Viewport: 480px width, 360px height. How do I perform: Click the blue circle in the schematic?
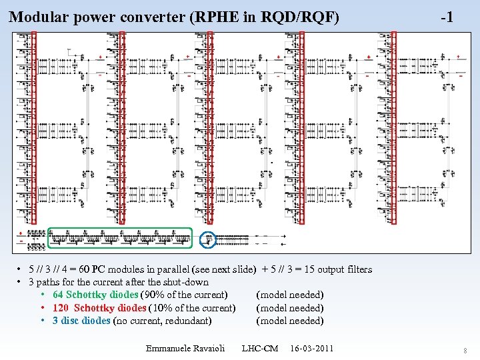pyautogui.click(x=209, y=238)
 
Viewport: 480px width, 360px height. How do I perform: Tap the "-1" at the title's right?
pyautogui.click(x=447, y=17)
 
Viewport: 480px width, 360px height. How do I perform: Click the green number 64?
pyautogui.click(x=58, y=295)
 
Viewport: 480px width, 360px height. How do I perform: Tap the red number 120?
pyautogui.click(x=61, y=307)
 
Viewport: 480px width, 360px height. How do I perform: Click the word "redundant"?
pyautogui.click(x=188, y=321)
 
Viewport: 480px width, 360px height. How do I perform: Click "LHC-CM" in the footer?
pyautogui.click(x=260, y=349)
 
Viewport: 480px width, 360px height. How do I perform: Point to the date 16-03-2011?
pyautogui.click(x=312, y=349)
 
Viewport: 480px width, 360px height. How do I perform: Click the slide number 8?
pyautogui.click(x=465, y=351)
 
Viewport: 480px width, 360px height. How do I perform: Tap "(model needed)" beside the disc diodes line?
pyautogui.click(x=290, y=321)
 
